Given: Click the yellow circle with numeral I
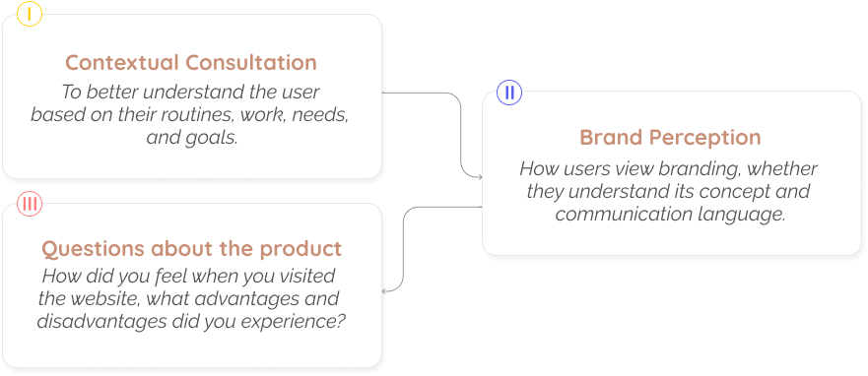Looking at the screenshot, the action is pos(30,14).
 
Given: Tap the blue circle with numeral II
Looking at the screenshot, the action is pos(509,93).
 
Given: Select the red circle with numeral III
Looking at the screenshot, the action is pos(30,204).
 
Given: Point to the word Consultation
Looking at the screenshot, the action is pos(251,62).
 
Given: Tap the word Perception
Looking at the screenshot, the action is pos(706,138).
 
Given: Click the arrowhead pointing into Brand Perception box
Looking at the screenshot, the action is pos(480,177).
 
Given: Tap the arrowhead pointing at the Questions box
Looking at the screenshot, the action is pos(385,290).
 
